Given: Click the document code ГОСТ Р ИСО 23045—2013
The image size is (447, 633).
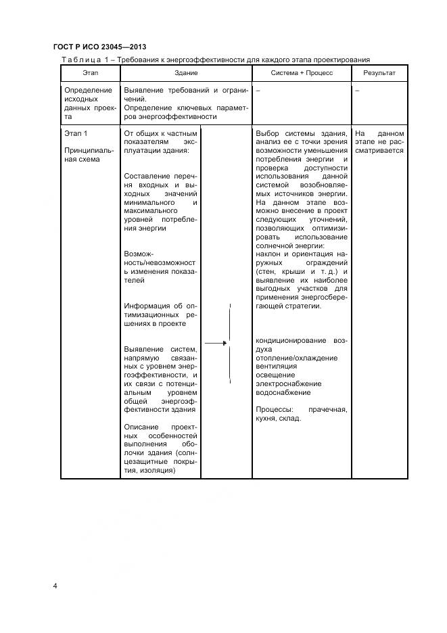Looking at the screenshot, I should [x=99, y=47].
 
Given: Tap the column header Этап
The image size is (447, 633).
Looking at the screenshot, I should [x=90, y=72].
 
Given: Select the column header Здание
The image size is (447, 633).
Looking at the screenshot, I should [x=185, y=72].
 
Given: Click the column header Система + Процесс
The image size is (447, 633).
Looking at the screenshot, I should [x=302, y=72].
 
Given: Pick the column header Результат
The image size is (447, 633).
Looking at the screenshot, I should [x=379, y=72].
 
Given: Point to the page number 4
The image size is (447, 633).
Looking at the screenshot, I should [x=55, y=586].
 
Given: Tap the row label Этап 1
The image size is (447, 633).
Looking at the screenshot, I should [x=76, y=133].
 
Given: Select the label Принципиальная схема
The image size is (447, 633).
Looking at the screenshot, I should [x=81, y=155].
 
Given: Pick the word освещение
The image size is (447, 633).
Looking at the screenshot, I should [x=275, y=375].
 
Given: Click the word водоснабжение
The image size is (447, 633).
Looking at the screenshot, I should [x=283, y=392].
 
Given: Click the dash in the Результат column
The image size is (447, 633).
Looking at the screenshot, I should [x=357, y=90].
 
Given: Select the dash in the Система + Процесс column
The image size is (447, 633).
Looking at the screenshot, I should [x=258, y=90].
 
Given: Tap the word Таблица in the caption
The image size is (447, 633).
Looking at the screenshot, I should [x=80, y=60].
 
